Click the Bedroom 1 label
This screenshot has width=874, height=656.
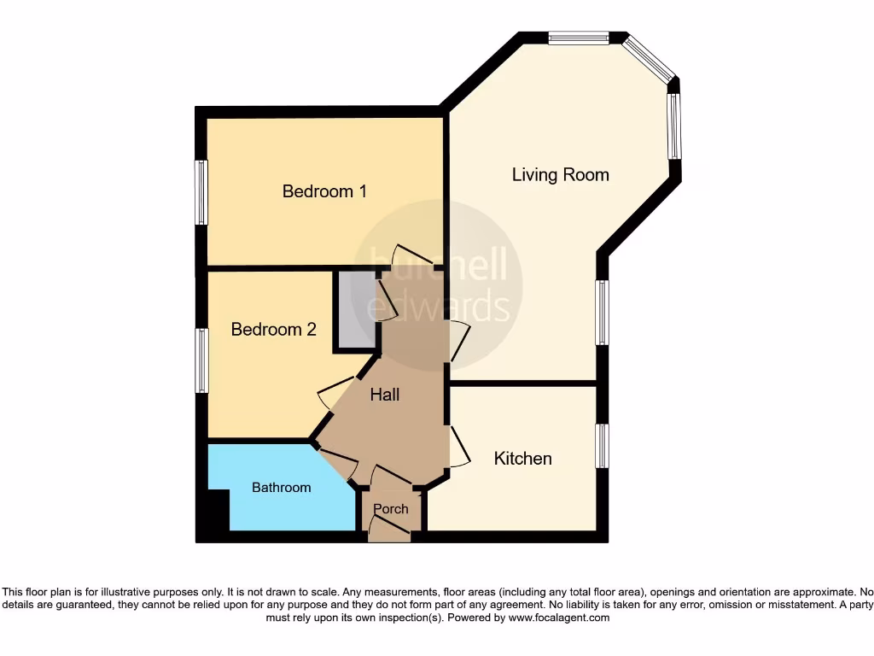[x=324, y=191]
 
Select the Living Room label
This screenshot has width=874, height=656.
[x=560, y=175]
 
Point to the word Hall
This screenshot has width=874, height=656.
[x=384, y=395]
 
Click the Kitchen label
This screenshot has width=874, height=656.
[x=522, y=459]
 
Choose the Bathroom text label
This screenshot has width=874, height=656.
[x=281, y=488]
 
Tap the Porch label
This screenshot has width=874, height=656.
[x=391, y=509]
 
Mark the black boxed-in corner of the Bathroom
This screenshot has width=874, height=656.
[x=213, y=510]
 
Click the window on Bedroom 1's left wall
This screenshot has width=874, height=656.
[x=201, y=192]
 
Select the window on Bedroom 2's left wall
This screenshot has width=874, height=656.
[x=201, y=360]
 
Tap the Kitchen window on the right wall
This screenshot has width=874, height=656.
[x=602, y=446]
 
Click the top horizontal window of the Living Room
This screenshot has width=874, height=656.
[x=578, y=38]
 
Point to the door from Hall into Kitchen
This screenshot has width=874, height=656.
[x=458, y=446]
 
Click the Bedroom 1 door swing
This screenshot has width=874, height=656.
[x=412, y=255]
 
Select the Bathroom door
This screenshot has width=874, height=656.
[x=337, y=463]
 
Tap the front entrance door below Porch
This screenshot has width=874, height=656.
[x=388, y=534]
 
